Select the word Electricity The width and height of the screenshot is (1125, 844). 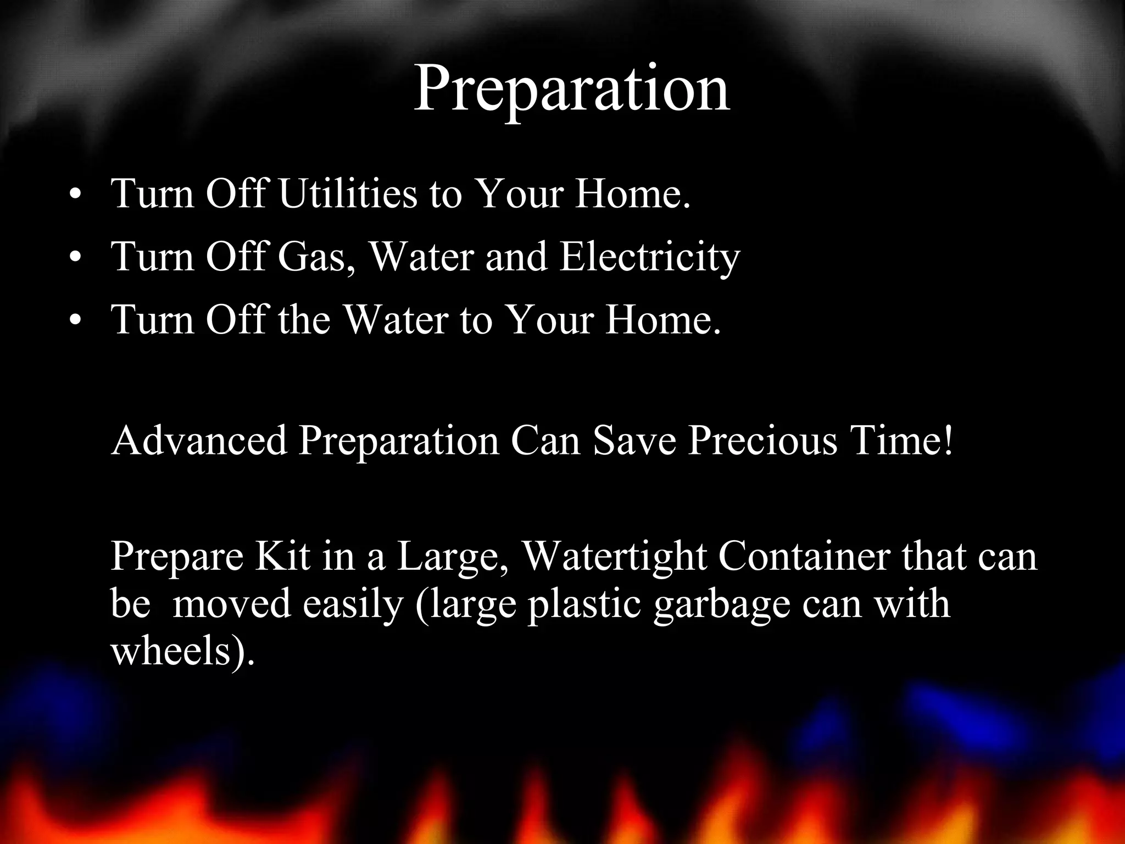650,258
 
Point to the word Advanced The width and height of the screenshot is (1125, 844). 199,441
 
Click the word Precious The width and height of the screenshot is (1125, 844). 763,441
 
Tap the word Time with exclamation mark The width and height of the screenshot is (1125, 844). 901,441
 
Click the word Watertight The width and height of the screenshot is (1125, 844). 614,557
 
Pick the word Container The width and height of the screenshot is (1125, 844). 804,556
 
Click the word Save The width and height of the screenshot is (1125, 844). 634,441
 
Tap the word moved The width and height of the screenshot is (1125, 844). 231,604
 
